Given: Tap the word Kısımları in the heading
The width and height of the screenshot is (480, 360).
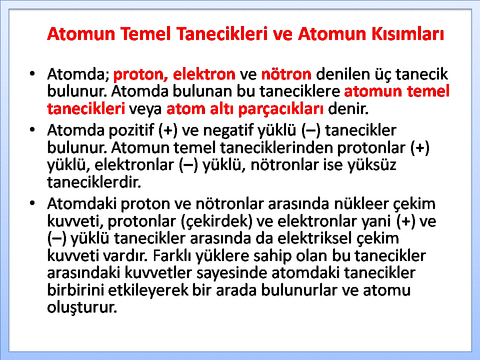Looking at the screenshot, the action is pos(407,33).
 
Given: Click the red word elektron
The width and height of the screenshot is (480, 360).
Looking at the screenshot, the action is pos(204,74).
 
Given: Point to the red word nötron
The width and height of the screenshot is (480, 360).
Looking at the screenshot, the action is pos(286,74).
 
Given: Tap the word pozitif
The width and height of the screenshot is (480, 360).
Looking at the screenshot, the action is pos(131,130).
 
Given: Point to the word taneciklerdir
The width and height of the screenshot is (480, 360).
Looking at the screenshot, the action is pos(94,182).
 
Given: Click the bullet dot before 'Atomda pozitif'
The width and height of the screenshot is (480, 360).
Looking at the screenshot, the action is pos(32,130).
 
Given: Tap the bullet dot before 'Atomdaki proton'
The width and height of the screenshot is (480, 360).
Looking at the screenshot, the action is pos(32,203).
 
